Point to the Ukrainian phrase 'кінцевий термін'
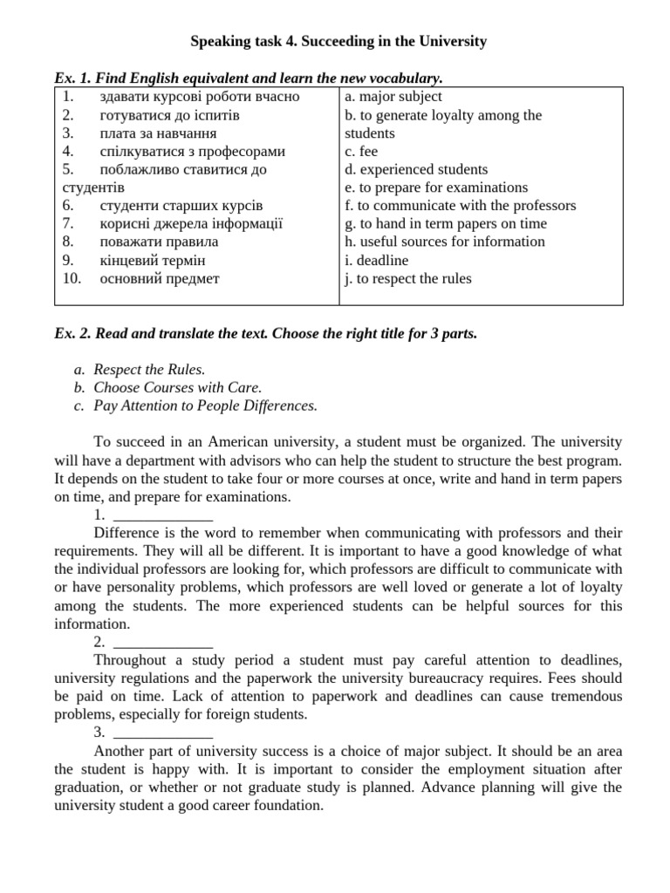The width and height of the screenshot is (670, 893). point(153,260)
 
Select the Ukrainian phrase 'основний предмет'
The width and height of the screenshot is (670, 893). point(160,278)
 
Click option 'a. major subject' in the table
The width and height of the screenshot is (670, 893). point(393,97)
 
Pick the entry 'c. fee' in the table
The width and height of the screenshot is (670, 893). point(361,151)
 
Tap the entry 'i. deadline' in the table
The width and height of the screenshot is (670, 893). point(377,260)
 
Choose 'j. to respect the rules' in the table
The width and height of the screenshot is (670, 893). point(408,278)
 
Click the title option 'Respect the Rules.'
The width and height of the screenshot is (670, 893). point(149,370)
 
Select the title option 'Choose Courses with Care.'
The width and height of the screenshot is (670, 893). point(177,387)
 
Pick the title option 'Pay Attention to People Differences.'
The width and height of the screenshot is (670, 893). point(205,406)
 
